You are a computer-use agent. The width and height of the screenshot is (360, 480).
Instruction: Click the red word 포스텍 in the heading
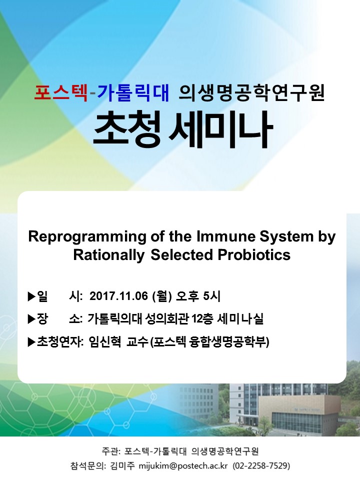click(x=61, y=93)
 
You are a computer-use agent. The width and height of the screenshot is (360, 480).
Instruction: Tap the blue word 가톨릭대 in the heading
click(x=133, y=93)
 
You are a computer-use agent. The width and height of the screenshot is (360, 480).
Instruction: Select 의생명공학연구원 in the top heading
click(x=251, y=93)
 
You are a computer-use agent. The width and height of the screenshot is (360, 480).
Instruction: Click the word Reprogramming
click(x=87, y=237)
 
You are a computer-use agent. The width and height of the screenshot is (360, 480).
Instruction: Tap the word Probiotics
click(x=254, y=254)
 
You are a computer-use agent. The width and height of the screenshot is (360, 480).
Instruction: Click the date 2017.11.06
click(x=119, y=296)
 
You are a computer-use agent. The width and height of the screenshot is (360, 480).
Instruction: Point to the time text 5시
click(x=211, y=296)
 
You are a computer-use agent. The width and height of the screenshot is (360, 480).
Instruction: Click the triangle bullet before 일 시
click(x=31, y=296)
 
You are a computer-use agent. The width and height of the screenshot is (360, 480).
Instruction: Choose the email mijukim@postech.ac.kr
click(x=183, y=466)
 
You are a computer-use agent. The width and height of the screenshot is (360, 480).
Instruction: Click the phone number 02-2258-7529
click(x=261, y=466)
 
